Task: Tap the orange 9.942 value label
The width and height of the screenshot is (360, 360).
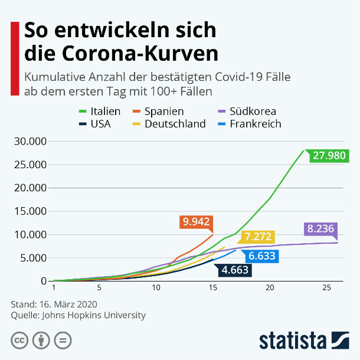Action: (x=197, y=222)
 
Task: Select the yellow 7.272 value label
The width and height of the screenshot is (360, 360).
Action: (x=258, y=237)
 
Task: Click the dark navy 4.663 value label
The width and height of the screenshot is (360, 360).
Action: (x=235, y=270)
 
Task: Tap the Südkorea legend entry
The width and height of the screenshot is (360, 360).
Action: (x=246, y=111)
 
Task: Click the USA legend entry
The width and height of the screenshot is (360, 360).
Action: (x=94, y=124)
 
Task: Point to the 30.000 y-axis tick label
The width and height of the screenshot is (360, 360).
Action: (x=31, y=142)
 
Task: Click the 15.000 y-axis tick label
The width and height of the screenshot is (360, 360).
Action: (x=31, y=211)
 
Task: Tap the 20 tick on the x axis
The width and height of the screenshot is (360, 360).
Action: (x=270, y=287)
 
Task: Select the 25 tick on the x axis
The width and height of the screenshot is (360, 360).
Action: (x=326, y=287)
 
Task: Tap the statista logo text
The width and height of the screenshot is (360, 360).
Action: (x=292, y=341)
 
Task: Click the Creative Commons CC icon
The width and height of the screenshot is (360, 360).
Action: (x=20, y=341)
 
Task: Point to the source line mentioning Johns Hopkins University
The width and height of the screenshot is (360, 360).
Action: (x=78, y=315)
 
